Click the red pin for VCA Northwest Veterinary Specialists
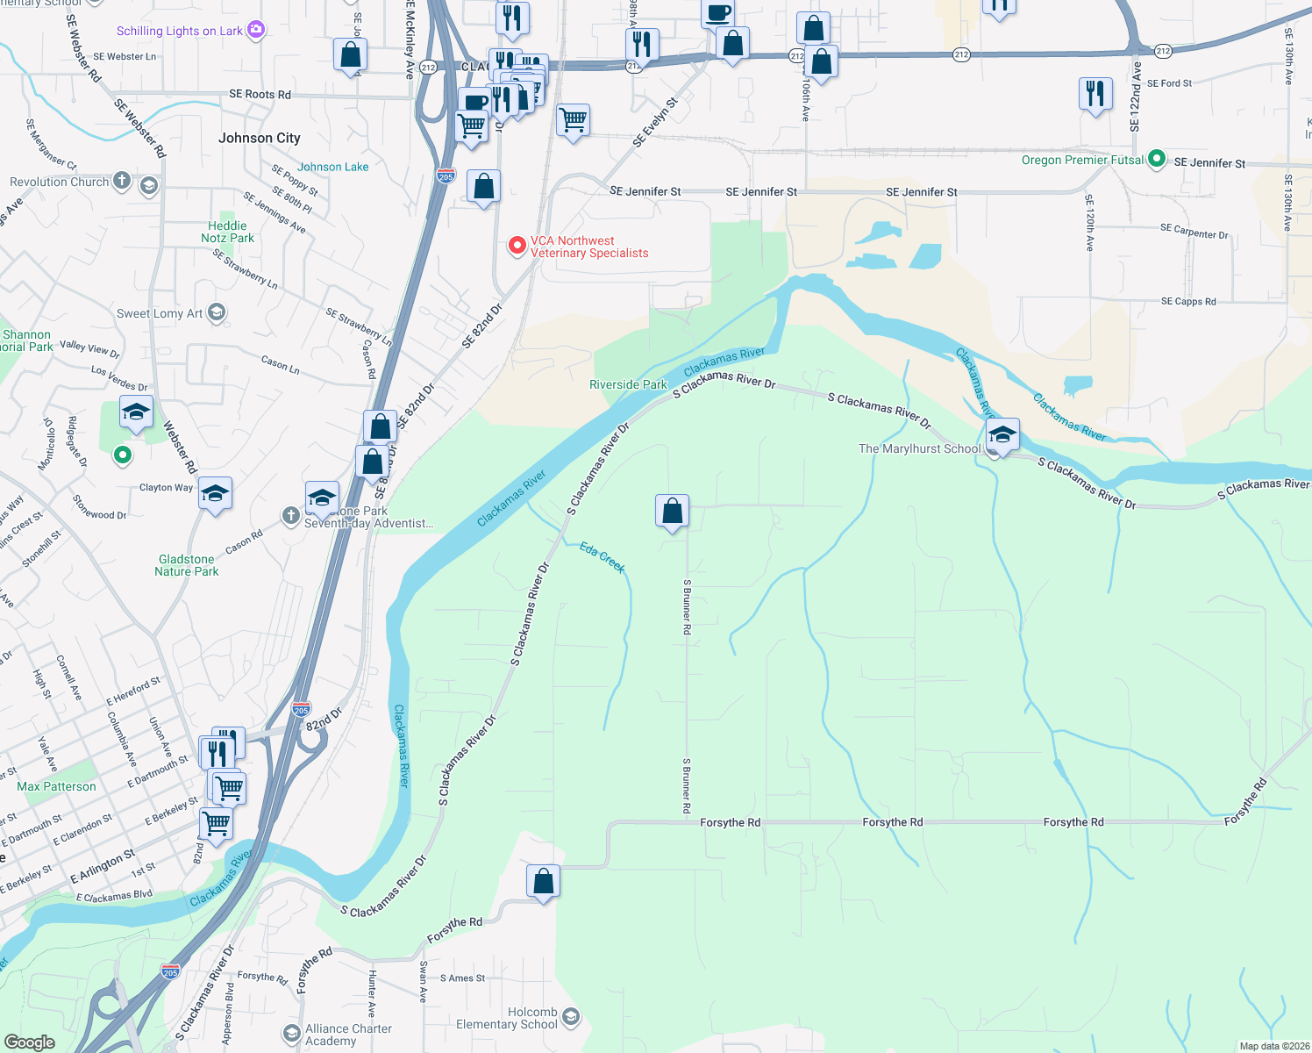(x=517, y=246)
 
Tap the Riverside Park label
(x=628, y=384)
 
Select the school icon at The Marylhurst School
(x=1002, y=434)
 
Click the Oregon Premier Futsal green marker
(x=1157, y=159)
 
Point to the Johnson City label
(x=259, y=138)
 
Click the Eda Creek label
(x=603, y=557)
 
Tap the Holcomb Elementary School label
(x=507, y=1018)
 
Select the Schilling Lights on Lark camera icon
(x=255, y=30)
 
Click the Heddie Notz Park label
(x=227, y=232)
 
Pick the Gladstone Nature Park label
(x=187, y=565)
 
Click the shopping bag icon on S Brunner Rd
(x=673, y=510)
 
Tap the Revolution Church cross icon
(x=122, y=182)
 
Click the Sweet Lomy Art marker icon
(x=217, y=312)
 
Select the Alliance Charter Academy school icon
(x=291, y=1034)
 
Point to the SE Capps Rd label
(x=1188, y=301)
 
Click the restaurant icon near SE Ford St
(x=1095, y=92)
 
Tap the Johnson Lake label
(x=332, y=167)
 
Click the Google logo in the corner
(x=30, y=1042)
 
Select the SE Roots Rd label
(x=260, y=94)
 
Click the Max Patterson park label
(x=56, y=786)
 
